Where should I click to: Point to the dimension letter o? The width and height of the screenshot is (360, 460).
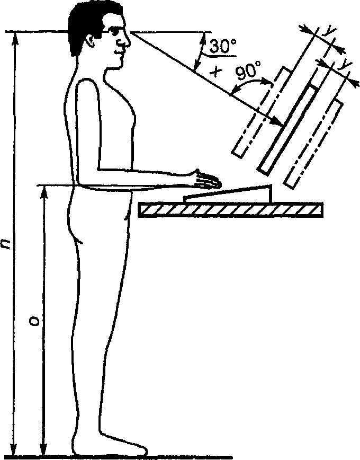click(x=33, y=322)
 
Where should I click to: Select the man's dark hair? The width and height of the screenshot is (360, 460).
click(x=85, y=24)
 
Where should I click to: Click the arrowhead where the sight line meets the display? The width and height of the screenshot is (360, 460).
click(x=279, y=123)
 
